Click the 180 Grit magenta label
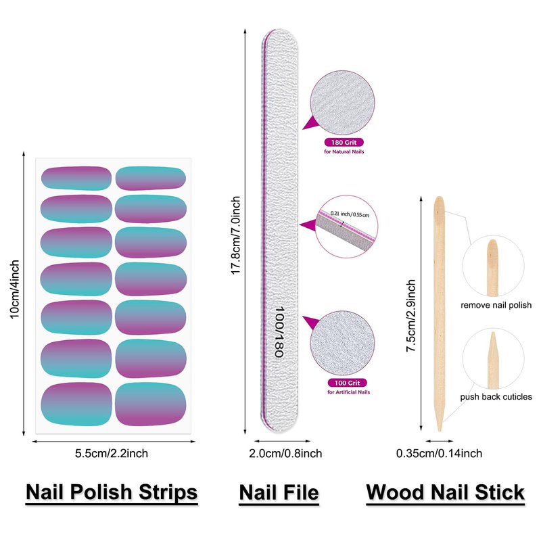coord(344,143)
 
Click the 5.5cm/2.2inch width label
coord(112,453)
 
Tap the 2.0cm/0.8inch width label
coord(279,453)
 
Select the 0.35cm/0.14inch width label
coord(439,453)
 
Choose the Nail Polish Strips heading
coord(112,492)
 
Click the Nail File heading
coord(279,492)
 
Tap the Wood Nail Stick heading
coord(446,492)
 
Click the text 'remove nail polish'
coord(496,306)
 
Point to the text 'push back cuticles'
coord(496,397)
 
